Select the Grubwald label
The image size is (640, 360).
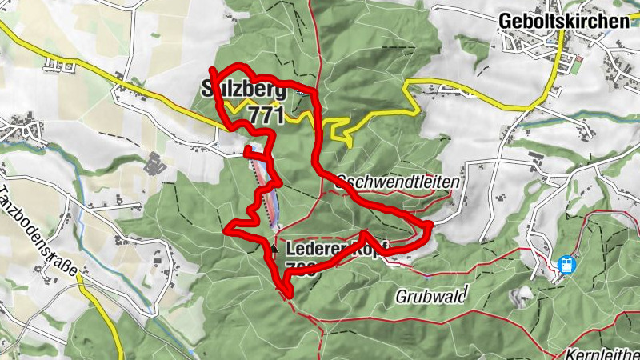[x=430, y=296]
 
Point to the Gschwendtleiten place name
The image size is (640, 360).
[x=398, y=182]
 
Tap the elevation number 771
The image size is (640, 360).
[x=266, y=115]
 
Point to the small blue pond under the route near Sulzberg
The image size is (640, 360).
[x=300, y=92]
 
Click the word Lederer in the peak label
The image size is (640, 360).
[x=312, y=248]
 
